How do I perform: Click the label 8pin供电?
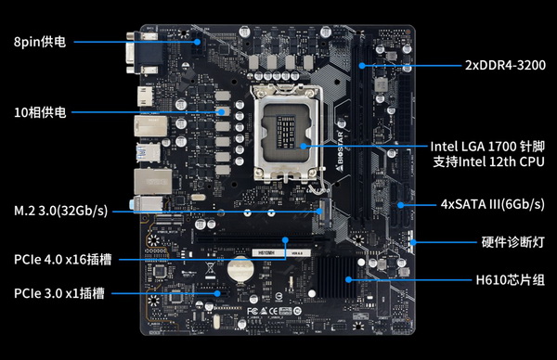40,42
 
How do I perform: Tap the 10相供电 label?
40,112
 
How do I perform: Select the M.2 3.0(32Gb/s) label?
60,211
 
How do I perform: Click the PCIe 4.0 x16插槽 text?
62,260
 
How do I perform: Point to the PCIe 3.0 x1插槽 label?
59,293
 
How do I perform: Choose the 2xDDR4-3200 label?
505,65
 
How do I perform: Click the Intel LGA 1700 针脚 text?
487,147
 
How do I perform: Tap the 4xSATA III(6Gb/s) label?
492,204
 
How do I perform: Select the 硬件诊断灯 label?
513,242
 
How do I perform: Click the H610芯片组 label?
510,280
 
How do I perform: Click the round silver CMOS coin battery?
240,269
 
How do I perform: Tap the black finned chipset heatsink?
336,277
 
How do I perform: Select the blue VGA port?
142,53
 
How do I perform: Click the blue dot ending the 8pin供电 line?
197,42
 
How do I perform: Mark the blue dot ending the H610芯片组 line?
348,280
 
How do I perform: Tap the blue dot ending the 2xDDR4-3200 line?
362,66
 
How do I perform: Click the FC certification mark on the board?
253,312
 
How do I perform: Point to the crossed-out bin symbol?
211,268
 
